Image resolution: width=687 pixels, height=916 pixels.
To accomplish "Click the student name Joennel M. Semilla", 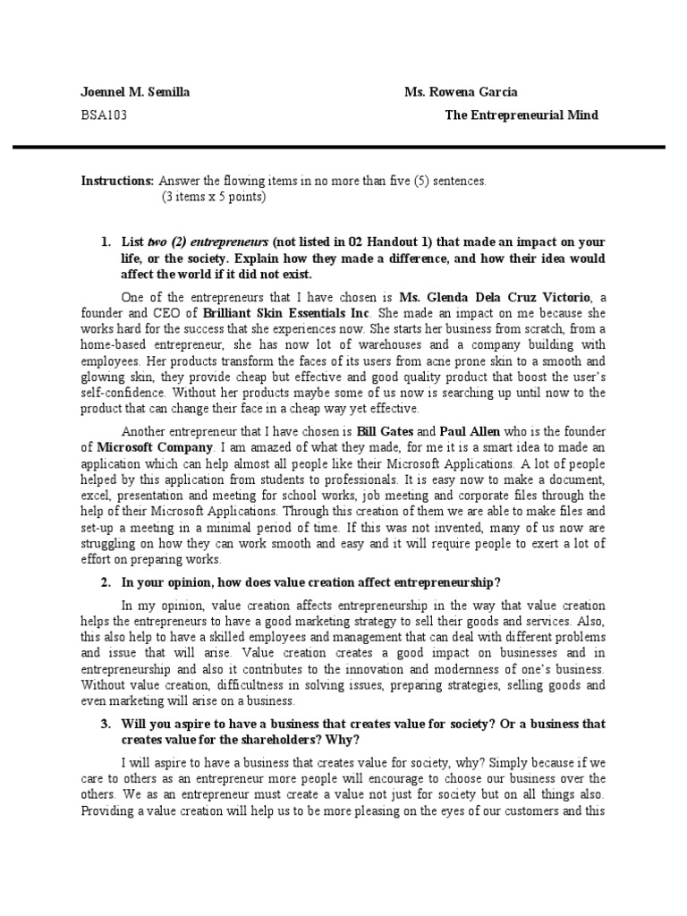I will click(x=134, y=92).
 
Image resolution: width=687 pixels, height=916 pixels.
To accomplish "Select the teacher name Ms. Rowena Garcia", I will click(x=461, y=92).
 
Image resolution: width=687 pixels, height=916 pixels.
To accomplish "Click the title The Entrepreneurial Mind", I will click(x=522, y=115).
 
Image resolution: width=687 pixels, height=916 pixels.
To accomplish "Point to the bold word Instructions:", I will click(x=117, y=181).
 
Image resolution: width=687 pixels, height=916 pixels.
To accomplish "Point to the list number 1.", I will click(x=105, y=242).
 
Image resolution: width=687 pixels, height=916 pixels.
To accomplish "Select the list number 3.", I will click(x=105, y=724).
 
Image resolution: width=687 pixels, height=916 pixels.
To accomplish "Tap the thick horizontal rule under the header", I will click(x=343, y=148).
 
